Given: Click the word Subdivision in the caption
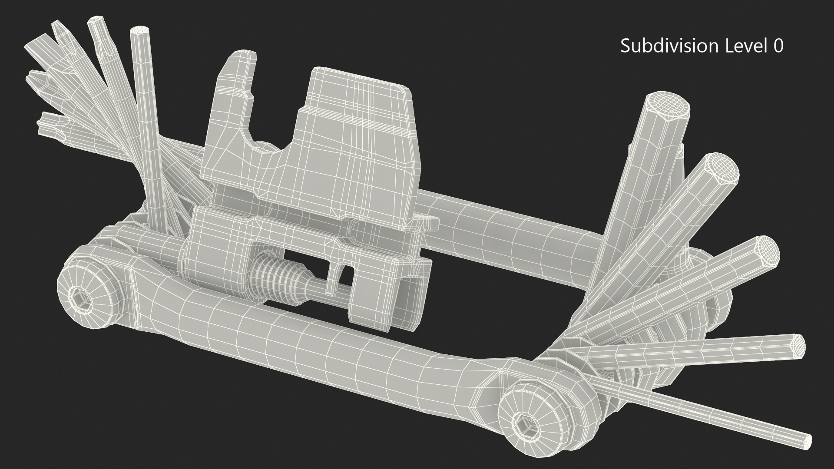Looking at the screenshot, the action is pos(669,46).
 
